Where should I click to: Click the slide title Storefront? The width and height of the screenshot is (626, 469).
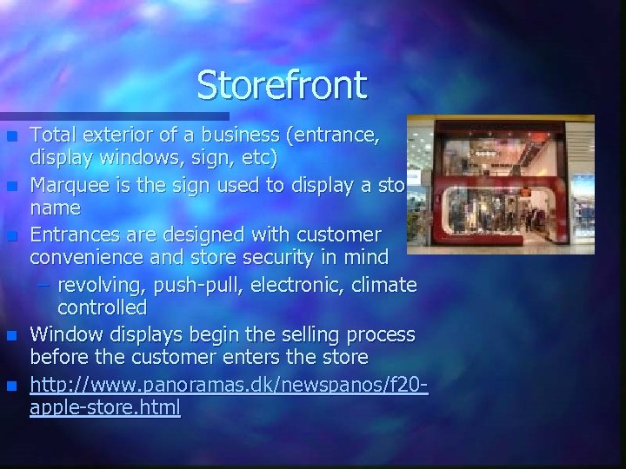pyautogui.click(x=283, y=85)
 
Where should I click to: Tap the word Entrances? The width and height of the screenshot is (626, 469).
pyautogui.click(x=74, y=234)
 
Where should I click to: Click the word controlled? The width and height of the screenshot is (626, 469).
pyautogui.click(x=103, y=307)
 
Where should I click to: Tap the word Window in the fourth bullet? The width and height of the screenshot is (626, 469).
pyautogui.click(x=63, y=334)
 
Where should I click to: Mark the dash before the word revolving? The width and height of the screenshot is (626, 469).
pyautogui.click(x=43, y=285)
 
